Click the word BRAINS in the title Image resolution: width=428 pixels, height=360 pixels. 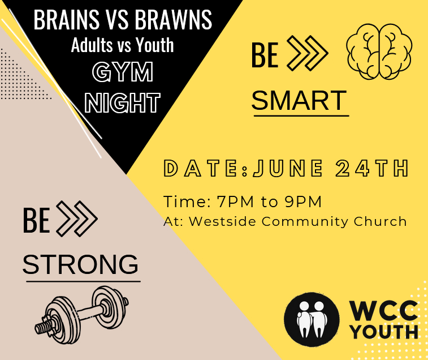(x=67, y=19)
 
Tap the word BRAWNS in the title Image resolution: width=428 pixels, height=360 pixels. (x=174, y=19)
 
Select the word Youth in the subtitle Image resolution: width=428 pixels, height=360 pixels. (x=155, y=45)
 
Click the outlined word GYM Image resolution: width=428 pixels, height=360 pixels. (x=123, y=72)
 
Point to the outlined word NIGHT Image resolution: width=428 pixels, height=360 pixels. (x=122, y=102)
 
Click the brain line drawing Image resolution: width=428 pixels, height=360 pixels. (x=379, y=52)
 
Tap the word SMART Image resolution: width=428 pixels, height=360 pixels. (x=299, y=100)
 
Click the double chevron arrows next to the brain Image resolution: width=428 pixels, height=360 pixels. (x=308, y=53)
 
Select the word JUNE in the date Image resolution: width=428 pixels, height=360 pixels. (x=288, y=168)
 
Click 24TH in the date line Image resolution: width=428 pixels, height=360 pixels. (x=372, y=168)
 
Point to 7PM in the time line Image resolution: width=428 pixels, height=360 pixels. (x=235, y=202)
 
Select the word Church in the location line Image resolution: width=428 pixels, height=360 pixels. (x=381, y=221)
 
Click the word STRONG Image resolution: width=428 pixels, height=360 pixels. (x=80, y=264)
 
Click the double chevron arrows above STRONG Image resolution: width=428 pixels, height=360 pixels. (x=77, y=218)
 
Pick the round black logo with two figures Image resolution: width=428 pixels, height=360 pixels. (x=312, y=319)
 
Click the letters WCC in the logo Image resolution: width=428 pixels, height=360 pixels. (x=384, y=311)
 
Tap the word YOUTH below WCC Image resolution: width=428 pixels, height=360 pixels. (x=384, y=332)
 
